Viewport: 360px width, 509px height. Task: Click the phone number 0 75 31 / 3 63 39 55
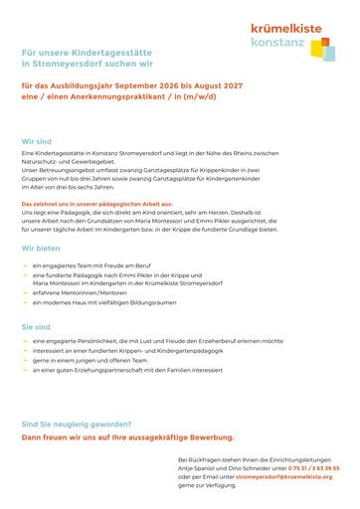tap(311, 466)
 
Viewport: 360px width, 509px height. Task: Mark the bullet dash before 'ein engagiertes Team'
tap(24, 265)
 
